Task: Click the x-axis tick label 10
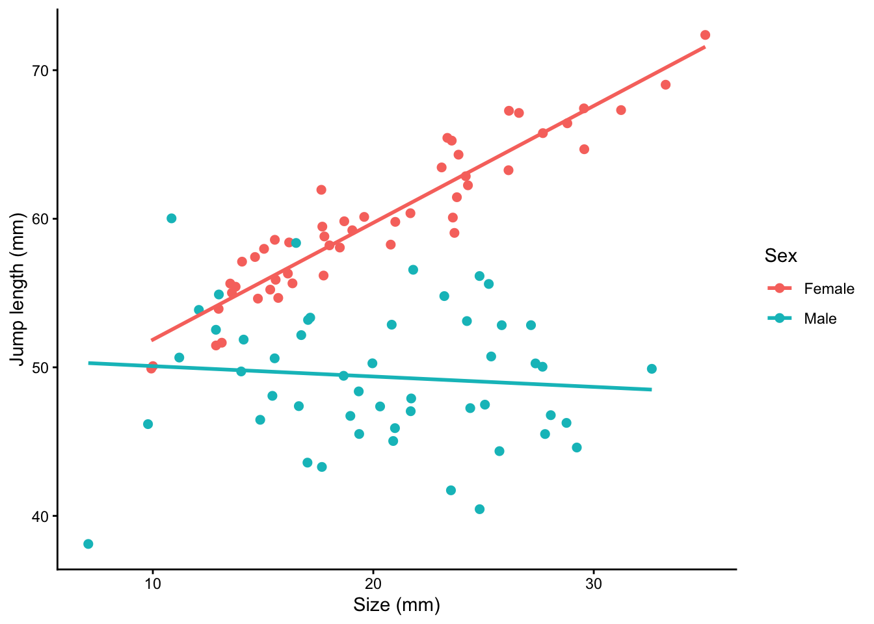tap(152, 584)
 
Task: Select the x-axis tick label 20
tap(373, 584)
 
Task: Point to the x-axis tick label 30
tap(593, 584)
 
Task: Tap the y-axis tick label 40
tap(41, 516)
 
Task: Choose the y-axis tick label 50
tap(41, 367)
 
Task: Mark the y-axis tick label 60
tap(41, 219)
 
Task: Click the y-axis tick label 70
tap(41, 70)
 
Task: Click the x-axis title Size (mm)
tap(397, 606)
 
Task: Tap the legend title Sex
tap(780, 256)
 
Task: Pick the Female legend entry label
tap(829, 289)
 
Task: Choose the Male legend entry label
tap(820, 318)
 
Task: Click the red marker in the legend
tap(780, 289)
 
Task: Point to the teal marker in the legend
tap(780, 318)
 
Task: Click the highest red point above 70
tap(705, 35)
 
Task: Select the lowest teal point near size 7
tap(88, 544)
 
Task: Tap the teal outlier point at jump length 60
tap(172, 218)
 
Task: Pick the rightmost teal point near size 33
tap(652, 369)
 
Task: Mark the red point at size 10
tap(152, 367)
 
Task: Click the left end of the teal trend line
tap(89, 363)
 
